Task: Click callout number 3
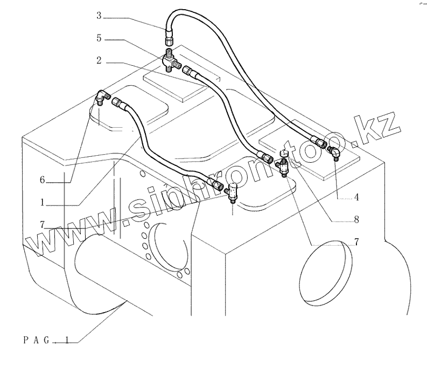coord(99,16)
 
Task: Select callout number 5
coord(99,39)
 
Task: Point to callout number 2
coord(99,61)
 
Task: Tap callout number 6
coord(41,180)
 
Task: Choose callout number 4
coord(356,197)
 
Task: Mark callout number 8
coord(356,219)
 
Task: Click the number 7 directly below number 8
coord(356,241)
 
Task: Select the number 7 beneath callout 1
coord(41,224)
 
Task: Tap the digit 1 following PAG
coord(67,340)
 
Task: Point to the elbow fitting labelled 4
coord(335,154)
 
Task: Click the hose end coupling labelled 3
coord(168,37)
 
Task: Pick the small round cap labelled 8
coord(284,154)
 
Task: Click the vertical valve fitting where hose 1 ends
coord(233,192)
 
